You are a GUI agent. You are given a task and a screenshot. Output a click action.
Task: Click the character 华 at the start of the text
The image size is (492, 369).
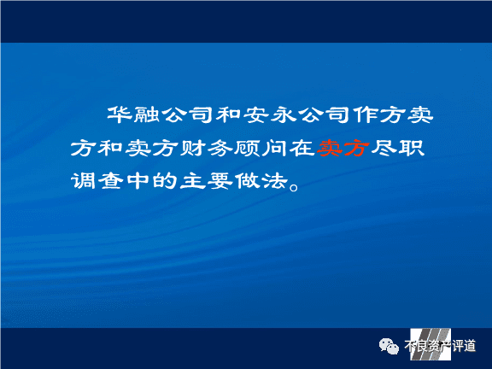(x=120, y=114)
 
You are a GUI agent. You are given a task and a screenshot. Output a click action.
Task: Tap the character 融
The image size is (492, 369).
(x=147, y=114)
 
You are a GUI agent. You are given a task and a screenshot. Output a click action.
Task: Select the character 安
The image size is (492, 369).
(x=256, y=114)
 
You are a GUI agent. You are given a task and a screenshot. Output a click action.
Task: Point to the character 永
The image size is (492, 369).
(x=284, y=114)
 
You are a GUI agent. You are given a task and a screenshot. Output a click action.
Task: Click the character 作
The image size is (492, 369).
(x=366, y=114)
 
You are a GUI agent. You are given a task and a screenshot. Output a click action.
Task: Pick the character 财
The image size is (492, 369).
(x=193, y=148)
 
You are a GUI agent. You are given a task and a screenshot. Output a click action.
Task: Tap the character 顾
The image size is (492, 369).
(x=247, y=148)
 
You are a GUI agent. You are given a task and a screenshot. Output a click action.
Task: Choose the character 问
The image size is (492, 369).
(x=274, y=148)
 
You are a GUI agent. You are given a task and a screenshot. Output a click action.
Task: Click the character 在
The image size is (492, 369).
(x=302, y=148)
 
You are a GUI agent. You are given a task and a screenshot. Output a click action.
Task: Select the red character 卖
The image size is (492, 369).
(x=329, y=148)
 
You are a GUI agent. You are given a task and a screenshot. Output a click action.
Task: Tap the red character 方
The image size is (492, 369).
(x=356, y=148)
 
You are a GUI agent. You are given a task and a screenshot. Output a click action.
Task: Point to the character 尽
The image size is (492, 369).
(x=384, y=148)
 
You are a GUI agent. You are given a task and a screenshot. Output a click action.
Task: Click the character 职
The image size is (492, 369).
(x=412, y=148)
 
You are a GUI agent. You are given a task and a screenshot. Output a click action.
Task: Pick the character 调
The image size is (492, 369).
(x=83, y=181)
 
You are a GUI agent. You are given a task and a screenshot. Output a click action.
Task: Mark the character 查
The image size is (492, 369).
(x=110, y=181)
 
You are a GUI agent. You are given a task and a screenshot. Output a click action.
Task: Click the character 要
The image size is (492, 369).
(x=220, y=181)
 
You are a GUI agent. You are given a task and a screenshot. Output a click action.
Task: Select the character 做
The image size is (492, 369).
(x=247, y=181)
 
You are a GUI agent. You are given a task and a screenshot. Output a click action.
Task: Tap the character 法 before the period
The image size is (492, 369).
(x=275, y=181)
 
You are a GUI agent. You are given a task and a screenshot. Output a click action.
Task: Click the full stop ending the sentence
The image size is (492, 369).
(x=295, y=187)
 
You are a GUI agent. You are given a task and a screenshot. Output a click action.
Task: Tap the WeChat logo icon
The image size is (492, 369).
(x=389, y=347)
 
